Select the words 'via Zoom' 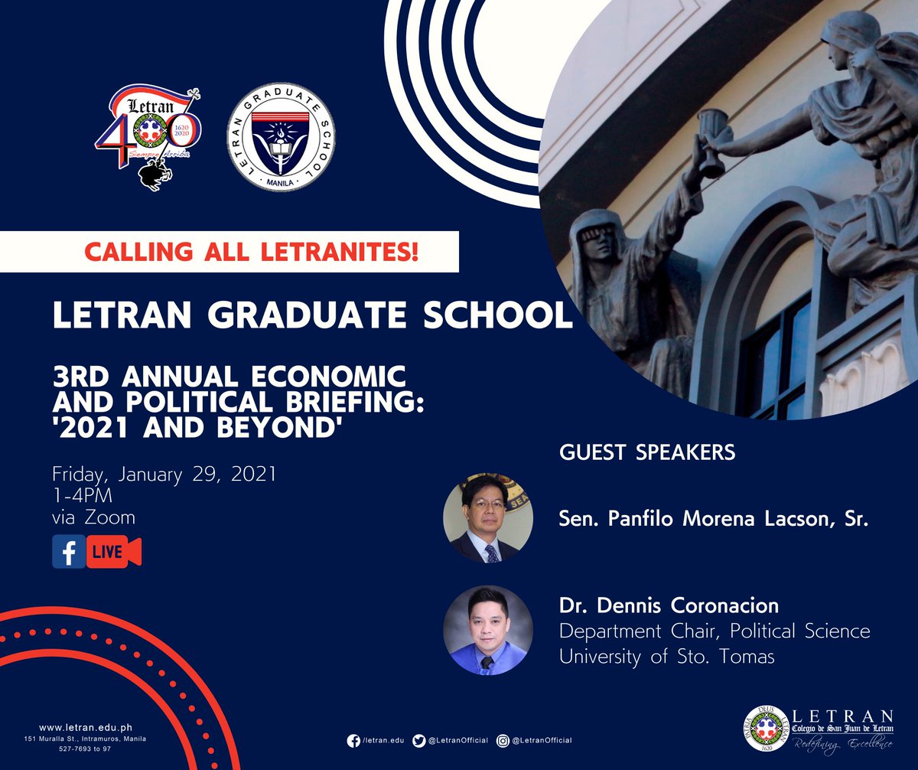pyautogui.click(x=93, y=517)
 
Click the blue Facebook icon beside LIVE pyautogui.click(x=69, y=552)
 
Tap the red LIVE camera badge pyautogui.click(x=113, y=553)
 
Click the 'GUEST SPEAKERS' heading pyautogui.click(x=647, y=452)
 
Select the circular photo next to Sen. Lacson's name pyautogui.click(x=488, y=519)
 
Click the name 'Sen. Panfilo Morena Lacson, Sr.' pyautogui.click(x=714, y=520)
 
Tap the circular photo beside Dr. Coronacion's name pyautogui.click(x=488, y=630)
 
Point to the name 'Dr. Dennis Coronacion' pyautogui.click(x=669, y=606)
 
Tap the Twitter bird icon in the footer pyautogui.click(x=418, y=740)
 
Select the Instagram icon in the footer pyautogui.click(x=503, y=740)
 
